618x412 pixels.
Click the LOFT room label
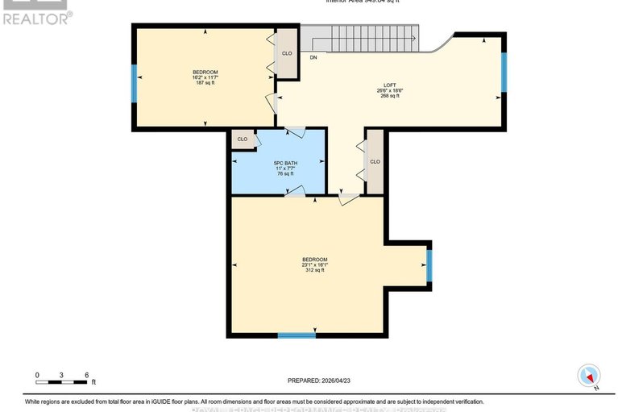coord(389,85)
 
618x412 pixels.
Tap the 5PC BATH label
coord(285,164)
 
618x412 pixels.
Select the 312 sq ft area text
coord(313,271)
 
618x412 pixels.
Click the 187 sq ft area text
coord(205,83)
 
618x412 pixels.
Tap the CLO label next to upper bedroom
coord(286,54)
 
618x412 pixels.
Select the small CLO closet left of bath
coord(242,139)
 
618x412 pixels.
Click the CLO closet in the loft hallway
coord(375,161)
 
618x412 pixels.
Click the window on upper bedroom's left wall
coord(135,83)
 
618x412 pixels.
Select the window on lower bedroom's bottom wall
coord(297,335)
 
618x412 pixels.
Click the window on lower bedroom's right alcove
coord(429,266)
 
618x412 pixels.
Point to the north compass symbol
coord(590,376)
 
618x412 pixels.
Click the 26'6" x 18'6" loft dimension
coord(389,90)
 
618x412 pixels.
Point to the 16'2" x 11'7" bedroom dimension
coord(205,77)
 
